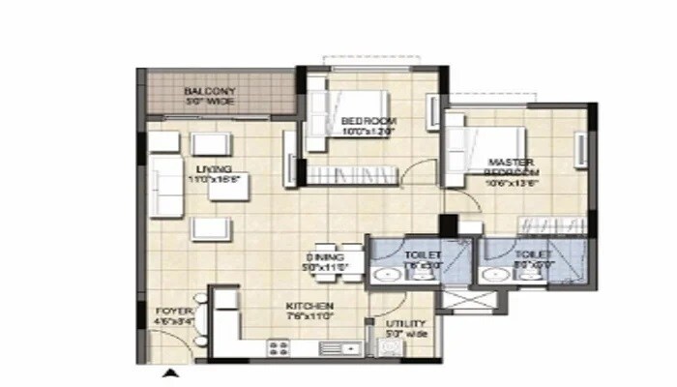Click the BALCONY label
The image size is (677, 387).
209,92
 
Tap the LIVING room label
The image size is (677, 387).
214,169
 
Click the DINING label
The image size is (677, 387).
320,256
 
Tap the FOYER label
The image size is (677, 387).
172,312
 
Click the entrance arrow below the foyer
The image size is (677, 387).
170,373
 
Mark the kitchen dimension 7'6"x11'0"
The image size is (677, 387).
309,315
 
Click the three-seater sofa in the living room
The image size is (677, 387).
166,185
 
